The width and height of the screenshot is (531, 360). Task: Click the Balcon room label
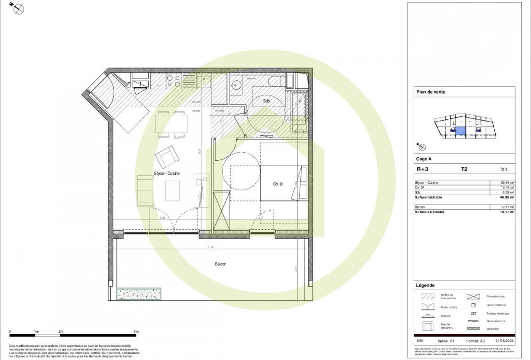(220, 264)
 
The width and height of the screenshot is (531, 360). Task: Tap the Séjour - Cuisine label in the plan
(167, 173)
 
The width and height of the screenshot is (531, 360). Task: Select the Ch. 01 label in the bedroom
(278, 184)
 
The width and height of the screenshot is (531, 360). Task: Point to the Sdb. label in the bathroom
(267, 101)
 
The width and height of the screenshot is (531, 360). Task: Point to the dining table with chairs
(171, 124)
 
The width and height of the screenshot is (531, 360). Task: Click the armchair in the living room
(166, 156)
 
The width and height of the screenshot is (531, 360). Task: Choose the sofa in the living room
(145, 191)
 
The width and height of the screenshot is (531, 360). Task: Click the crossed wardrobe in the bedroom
(222, 211)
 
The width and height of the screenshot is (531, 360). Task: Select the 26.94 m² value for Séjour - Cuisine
(507, 183)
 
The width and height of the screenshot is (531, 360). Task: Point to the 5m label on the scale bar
(136, 332)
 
